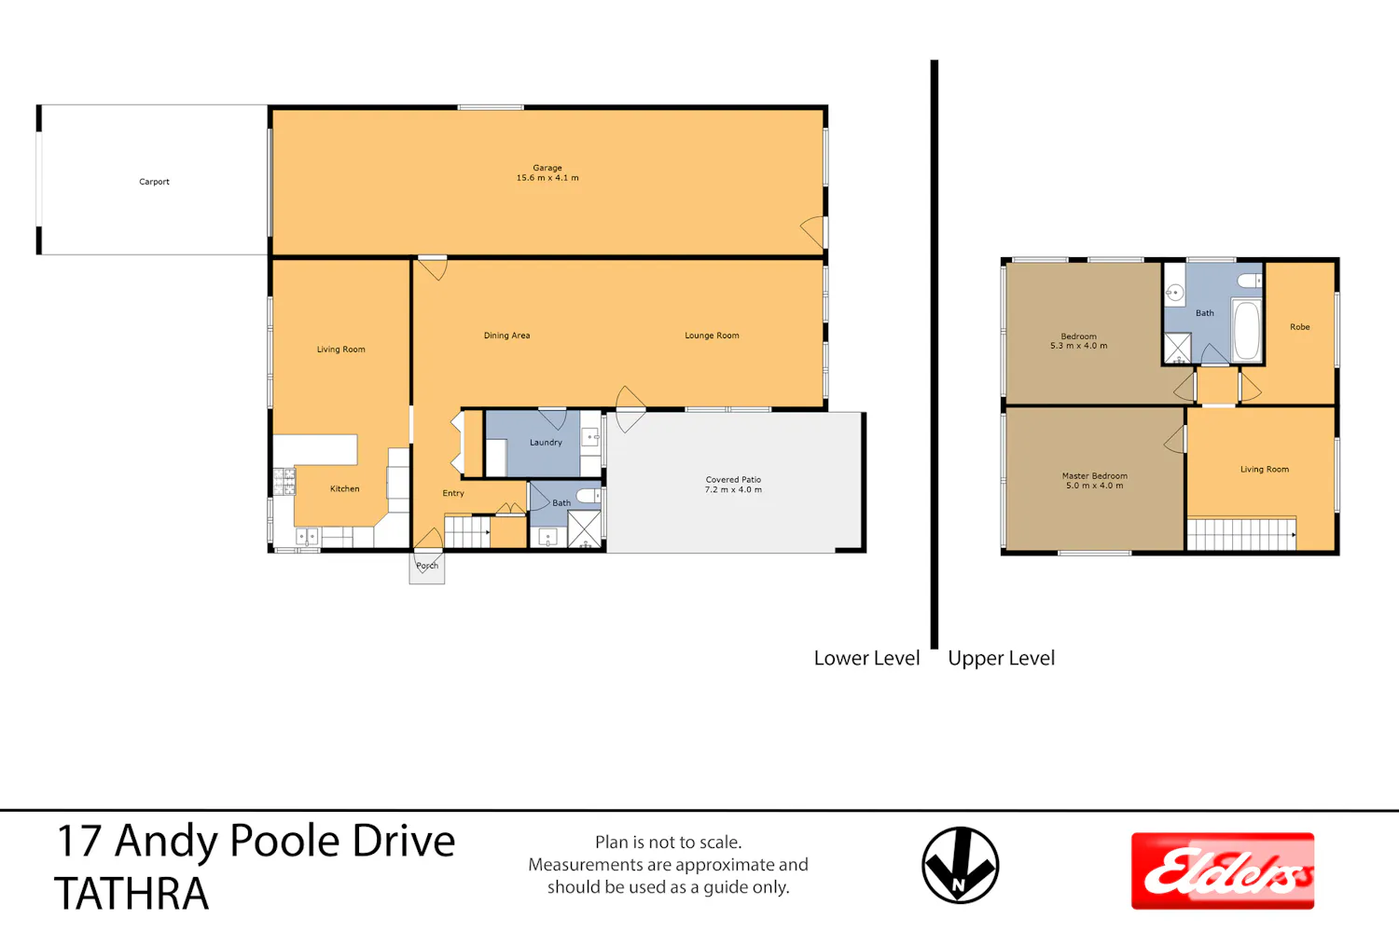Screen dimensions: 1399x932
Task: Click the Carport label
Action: tap(154, 182)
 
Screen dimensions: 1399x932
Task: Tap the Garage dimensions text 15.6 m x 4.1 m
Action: tap(547, 178)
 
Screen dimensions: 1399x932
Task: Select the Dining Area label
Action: tap(506, 336)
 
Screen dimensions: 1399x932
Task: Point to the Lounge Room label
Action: tap(712, 336)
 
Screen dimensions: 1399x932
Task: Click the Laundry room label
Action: tap(546, 443)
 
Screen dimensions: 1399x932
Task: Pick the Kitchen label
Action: tap(345, 488)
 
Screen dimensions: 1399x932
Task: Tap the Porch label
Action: tap(427, 566)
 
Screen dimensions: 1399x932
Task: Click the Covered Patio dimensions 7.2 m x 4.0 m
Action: tap(733, 490)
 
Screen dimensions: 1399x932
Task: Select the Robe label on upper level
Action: tap(1300, 327)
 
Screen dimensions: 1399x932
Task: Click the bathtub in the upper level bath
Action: tap(1247, 330)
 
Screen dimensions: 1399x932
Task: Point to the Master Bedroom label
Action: tap(1095, 475)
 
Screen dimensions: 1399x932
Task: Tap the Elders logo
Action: tap(1222, 870)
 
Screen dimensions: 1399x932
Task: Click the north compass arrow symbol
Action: tap(960, 865)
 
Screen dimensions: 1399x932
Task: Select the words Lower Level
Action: tap(866, 658)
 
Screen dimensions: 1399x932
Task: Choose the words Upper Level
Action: tap(1001, 658)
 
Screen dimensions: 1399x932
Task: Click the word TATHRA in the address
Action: tap(132, 894)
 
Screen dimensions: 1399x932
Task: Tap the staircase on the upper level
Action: tap(1241, 534)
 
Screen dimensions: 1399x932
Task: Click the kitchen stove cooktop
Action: tap(284, 482)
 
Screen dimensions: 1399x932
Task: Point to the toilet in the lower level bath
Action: tap(588, 496)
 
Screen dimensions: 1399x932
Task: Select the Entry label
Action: tap(452, 493)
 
